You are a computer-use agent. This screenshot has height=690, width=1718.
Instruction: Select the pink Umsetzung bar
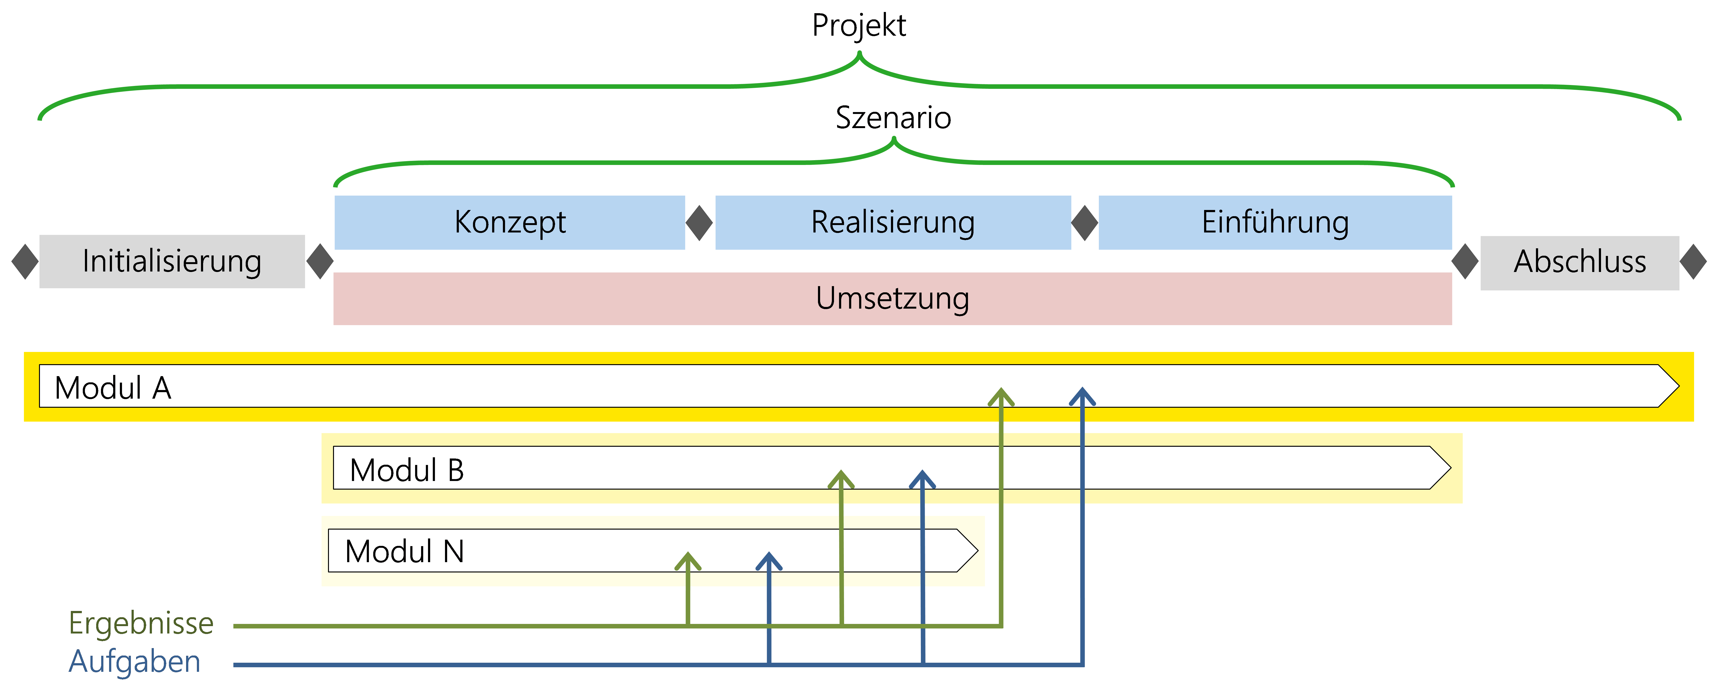[x=892, y=298]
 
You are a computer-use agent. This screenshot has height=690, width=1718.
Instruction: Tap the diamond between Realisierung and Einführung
[x=1084, y=223]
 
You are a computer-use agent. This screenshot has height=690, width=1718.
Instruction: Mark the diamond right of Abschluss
[x=1693, y=262]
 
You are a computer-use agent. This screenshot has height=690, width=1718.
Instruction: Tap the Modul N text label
[x=404, y=552]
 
